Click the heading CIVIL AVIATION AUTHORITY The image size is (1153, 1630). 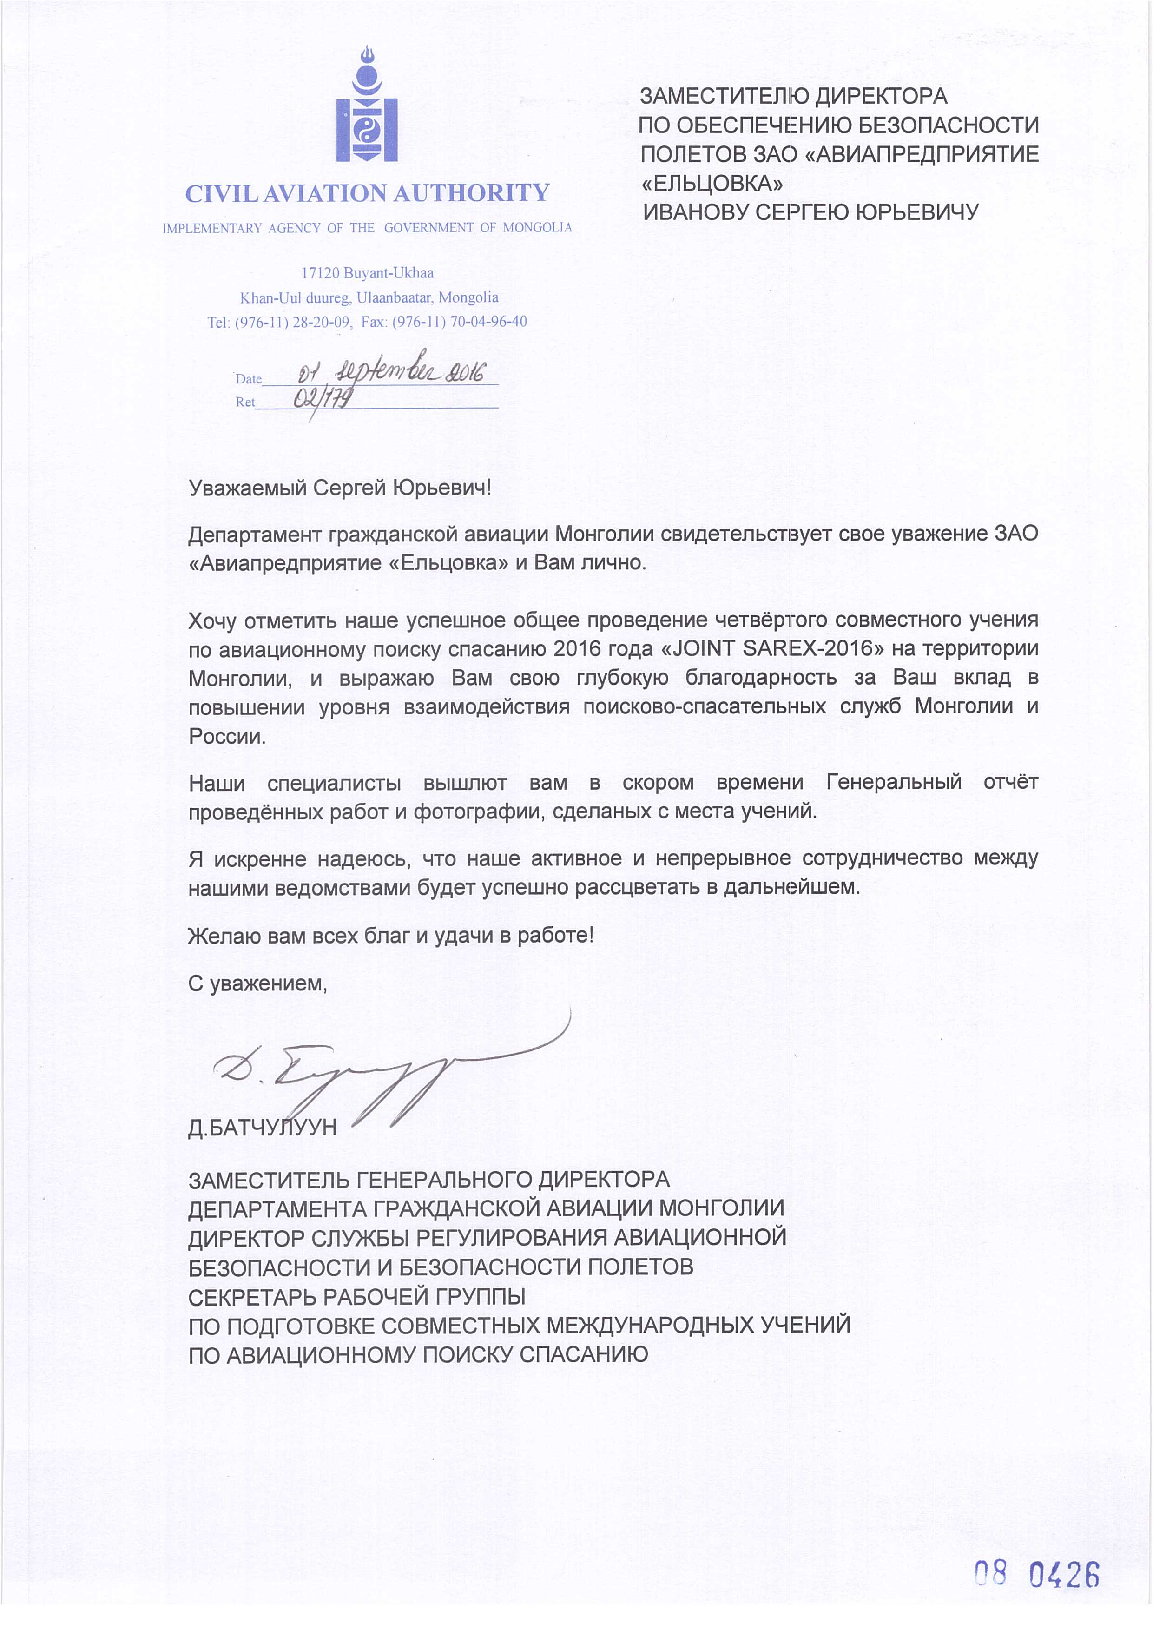pyautogui.click(x=367, y=193)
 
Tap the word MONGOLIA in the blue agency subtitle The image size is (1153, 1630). pyautogui.click(x=537, y=228)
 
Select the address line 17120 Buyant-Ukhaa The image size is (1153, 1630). pyautogui.click(x=367, y=273)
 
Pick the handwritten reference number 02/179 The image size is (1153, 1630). pyautogui.click(x=323, y=400)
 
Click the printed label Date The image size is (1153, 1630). pyautogui.click(x=249, y=379)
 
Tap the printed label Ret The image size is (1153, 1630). pyautogui.click(x=245, y=403)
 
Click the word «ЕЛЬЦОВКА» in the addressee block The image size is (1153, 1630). pyautogui.click(x=712, y=183)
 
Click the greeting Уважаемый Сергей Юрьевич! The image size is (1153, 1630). pyautogui.click(x=339, y=488)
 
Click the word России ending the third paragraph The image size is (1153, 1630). pyautogui.click(x=226, y=736)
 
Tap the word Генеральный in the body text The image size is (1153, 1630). pyautogui.click(x=894, y=782)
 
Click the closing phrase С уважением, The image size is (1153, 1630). pyautogui.click(x=257, y=983)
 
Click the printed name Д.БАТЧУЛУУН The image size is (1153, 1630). pyautogui.click(x=262, y=1128)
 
